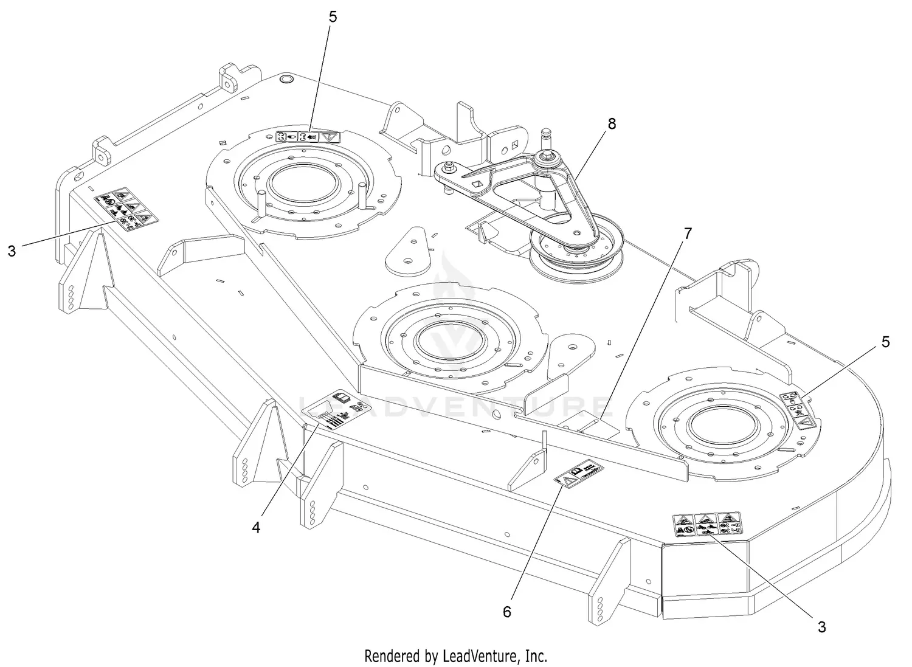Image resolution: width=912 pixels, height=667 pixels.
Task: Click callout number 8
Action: click(612, 123)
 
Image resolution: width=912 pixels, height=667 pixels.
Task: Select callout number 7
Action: click(688, 233)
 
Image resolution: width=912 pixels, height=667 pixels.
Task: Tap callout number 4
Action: click(256, 527)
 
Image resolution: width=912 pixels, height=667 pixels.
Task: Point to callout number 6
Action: click(507, 611)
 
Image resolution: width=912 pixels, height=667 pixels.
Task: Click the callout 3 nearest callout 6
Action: click(821, 627)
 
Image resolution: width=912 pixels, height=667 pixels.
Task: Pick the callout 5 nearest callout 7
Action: click(885, 342)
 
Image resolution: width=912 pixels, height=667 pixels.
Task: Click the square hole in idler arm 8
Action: click(477, 184)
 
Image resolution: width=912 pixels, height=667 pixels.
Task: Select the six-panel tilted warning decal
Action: click(124, 209)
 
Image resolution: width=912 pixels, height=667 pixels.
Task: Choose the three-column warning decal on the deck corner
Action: click(706, 524)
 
